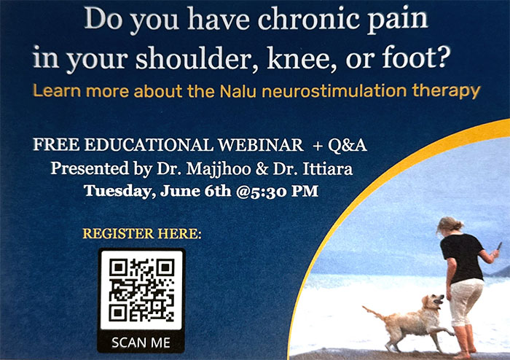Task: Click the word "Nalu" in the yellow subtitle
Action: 238,91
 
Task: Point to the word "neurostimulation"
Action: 334,91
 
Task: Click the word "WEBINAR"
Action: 261,145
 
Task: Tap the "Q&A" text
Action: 348,145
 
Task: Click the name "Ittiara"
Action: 328,169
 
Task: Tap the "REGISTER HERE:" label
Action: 142,233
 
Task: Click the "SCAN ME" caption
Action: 141,343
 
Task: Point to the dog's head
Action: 433,302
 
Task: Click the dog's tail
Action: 373,312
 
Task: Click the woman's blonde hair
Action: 450,224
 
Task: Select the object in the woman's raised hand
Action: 499,246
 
